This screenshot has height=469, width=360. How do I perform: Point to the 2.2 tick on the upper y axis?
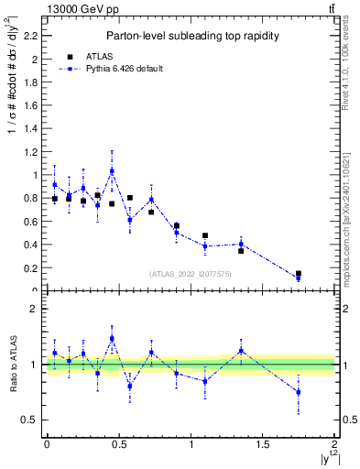pyautogui.click(x=34, y=37)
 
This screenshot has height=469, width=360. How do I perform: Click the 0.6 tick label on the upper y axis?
pyautogui.click(x=34, y=222)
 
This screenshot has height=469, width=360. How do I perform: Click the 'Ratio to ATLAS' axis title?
pyautogui.click(x=13, y=365)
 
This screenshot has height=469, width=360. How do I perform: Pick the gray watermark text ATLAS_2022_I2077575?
pyautogui.click(x=191, y=273)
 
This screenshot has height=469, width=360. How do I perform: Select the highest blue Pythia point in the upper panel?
pyautogui.click(x=112, y=171)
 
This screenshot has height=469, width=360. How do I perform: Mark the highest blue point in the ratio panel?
pyautogui.click(x=112, y=338)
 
